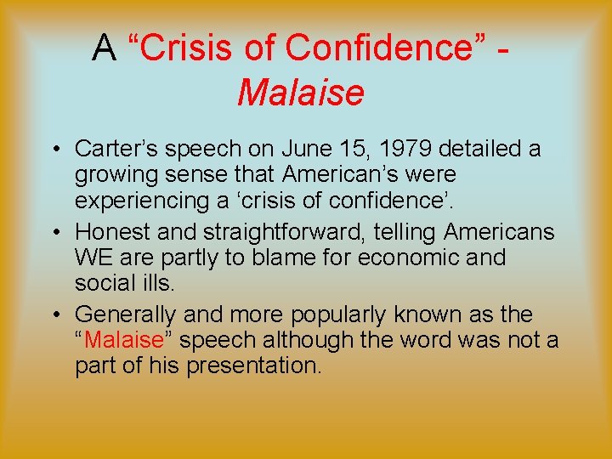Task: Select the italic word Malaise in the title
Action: point(301,93)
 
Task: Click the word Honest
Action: point(108,231)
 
